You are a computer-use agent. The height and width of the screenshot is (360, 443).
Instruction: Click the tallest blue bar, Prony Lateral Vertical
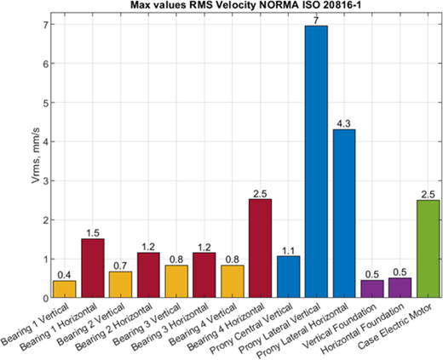click(x=316, y=162)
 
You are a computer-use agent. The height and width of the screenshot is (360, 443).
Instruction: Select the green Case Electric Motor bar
click(x=429, y=249)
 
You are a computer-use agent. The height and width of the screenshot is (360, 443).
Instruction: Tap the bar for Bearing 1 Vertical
click(x=65, y=289)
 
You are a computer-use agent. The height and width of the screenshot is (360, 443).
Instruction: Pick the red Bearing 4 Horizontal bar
click(x=261, y=249)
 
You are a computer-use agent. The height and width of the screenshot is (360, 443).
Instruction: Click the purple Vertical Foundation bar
click(x=372, y=289)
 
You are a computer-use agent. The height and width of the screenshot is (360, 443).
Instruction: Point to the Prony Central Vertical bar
click(x=289, y=277)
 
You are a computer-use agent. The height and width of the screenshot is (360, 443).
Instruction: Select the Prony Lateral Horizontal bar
click(x=344, y=214)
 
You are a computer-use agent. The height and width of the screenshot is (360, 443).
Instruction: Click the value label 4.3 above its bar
click(x=344, y=124)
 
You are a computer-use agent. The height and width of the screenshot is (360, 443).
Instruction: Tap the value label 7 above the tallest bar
click(x=316, y=20)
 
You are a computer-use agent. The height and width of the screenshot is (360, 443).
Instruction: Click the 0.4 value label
click(x=65, y=275)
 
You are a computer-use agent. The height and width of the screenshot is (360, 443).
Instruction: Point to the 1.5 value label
click(x=93, y=233)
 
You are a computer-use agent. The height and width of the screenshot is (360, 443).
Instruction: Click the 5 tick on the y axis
click(x=45, y=103)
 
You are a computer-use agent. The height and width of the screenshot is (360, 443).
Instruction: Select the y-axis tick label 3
click(x=45, y=181)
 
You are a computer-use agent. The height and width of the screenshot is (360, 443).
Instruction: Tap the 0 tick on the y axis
click(x=45, y=298)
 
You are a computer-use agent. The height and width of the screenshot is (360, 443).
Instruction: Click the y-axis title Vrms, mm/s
click(x=36, y=155)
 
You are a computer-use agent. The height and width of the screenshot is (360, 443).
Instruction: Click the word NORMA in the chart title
click(x=267, y=4)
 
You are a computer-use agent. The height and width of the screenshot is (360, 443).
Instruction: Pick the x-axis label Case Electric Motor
click(x=395, y=327)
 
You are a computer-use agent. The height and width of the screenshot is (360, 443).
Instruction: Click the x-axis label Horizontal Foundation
click(x=363, y=329)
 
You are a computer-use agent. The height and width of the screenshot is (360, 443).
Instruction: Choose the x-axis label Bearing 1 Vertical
click(x=35, y=324)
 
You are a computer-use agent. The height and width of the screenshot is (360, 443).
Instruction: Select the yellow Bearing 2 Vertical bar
click(x=120, y=284)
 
